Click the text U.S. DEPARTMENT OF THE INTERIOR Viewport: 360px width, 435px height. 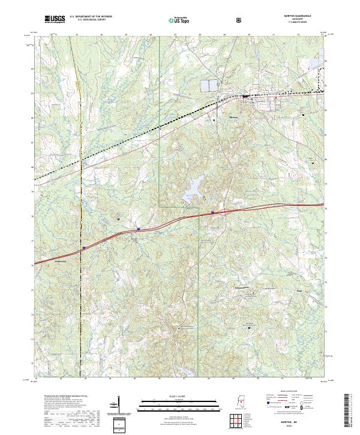(x=91, y=17)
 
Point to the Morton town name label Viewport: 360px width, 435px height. (x=234, y=117)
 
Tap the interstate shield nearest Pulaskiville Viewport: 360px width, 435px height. (x=84, y=246)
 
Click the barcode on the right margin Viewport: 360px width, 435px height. (x=350, y=411)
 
